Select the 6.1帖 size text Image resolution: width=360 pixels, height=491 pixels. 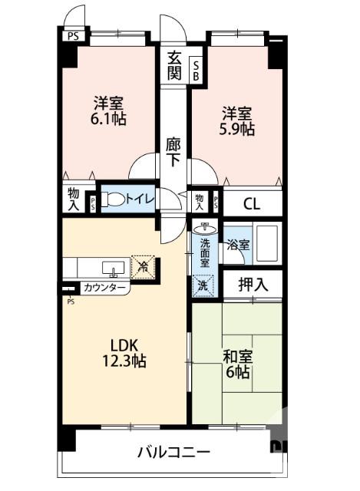[109, 119]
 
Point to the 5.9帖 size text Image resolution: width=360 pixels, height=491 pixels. [237, 130]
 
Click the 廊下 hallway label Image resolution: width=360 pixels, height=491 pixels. [173, 151]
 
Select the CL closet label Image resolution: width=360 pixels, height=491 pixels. [252, 204]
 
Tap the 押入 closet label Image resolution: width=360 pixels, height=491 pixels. [253, 285]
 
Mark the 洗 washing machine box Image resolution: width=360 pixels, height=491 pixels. [203, 284]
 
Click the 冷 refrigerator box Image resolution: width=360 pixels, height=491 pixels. [144, 266]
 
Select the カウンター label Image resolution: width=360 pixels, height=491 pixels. [104, 288]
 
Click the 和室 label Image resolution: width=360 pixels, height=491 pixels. [236, 356]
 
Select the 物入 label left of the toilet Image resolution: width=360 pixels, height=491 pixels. [74, 199]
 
